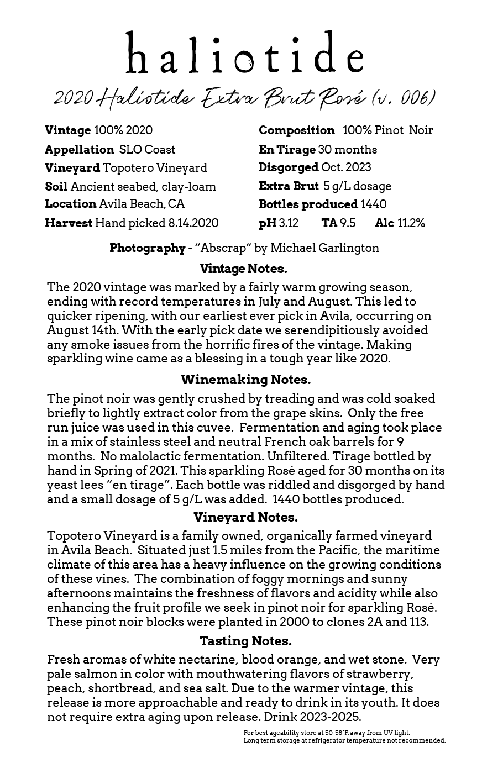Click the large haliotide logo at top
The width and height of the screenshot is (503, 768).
pos(245,54)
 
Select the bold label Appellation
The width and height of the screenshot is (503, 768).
pos(79,150)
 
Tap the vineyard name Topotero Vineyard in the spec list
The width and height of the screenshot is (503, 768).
pos(155,168)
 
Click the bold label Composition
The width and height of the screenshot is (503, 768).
pos(296,131)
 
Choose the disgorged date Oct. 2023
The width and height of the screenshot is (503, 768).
pos(346,167)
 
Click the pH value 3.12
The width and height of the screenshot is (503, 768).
pos(289,223)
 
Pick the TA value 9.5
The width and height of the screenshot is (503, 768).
pos(348,223)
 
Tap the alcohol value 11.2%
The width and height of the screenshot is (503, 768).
pos(411,223)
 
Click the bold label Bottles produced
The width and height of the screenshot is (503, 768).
pos(308,204)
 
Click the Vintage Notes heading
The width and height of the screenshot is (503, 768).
pos(243,269)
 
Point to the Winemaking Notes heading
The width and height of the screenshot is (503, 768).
pos(245,380)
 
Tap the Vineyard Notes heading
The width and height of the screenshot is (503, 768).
pos(245,518)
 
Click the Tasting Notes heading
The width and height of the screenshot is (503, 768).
pos(245,641)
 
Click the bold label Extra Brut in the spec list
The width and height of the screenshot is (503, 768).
pos(289,186)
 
